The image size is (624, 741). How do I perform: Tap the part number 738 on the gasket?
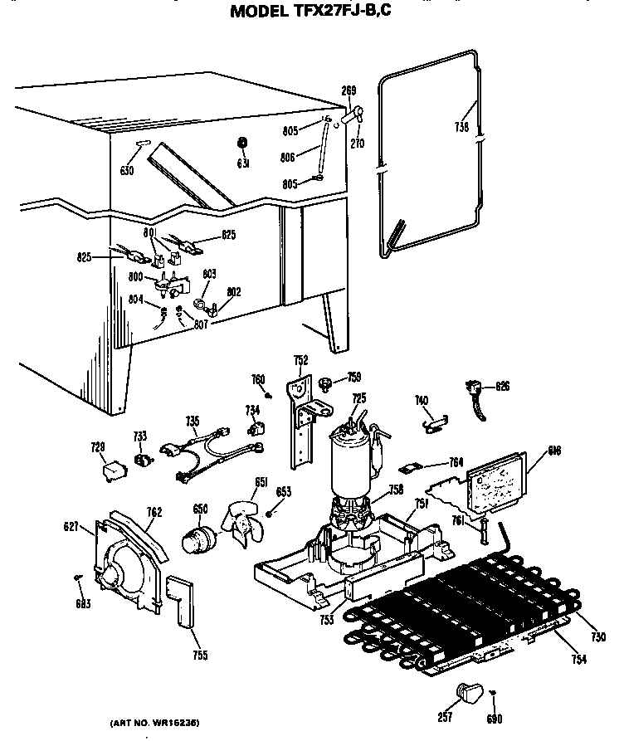point(462,127)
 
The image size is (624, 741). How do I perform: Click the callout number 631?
point(243,163)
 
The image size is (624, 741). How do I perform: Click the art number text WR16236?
point(156,722)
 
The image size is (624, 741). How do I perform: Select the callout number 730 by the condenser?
point(599,636)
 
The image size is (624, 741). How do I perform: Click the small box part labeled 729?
point(109,471)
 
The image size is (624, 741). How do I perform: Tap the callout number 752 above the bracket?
point(300,359)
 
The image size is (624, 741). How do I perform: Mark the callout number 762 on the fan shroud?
point(154,512)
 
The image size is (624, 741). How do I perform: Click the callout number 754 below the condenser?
point(578,659)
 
